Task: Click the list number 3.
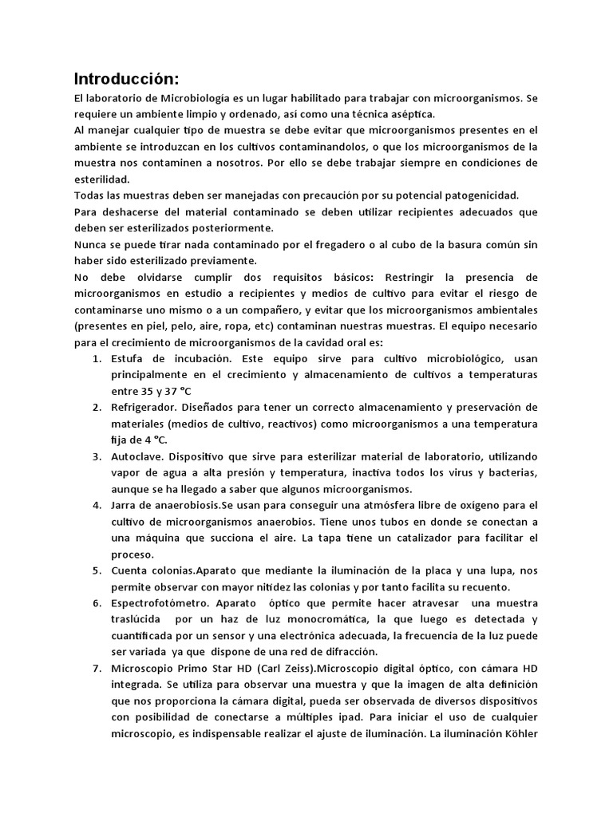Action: tap(96, 456)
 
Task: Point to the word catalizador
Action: tap(417, 538)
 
